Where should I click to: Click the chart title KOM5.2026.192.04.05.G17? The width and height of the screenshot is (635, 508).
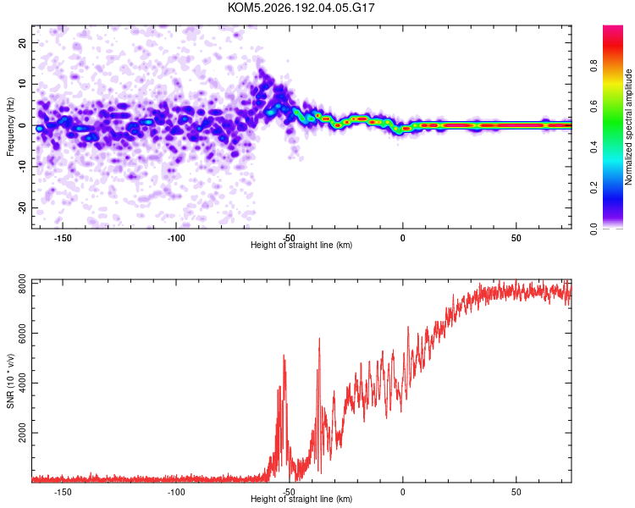click(x=301, y=8)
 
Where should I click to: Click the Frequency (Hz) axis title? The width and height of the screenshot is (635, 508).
click(x=10, y=127)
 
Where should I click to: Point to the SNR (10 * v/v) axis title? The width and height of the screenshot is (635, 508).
click(x=10, y=381)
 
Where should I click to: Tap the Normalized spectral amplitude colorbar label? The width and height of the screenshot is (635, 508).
click(x=628, y=127)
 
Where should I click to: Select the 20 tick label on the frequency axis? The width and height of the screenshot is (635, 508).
click(x=22, y=42)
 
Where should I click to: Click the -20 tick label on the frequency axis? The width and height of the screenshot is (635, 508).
click(x=22, y=207)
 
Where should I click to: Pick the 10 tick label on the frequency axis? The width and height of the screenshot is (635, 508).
click(x=22, y=84)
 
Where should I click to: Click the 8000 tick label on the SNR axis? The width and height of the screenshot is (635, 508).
click(x=22, y=284)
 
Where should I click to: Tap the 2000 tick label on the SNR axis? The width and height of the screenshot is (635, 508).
click(x=22, y=433)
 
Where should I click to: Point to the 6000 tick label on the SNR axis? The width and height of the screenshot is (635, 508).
click(x=22, y=334)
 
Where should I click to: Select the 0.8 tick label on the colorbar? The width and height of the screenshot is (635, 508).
click(x=594, y=65)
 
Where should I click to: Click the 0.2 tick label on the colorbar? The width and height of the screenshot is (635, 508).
click(x=594, y=188)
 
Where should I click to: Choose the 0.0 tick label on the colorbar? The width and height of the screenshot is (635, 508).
click(x=594, y=229)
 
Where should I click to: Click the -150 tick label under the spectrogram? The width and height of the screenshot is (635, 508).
click(x=63, y=238)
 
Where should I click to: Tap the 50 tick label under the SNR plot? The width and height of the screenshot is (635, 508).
click(x=516, y=492)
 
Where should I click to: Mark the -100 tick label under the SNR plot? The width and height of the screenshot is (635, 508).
click(x=176, y=492)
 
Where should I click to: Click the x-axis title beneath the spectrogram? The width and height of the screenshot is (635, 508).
click(x=301, y=245)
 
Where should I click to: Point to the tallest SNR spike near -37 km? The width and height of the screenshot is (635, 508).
click(x=319, y=339)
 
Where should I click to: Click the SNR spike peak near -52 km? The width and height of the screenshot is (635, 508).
click(x=284, y=356)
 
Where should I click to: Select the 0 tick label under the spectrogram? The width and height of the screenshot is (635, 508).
click(x=402, y=238)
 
